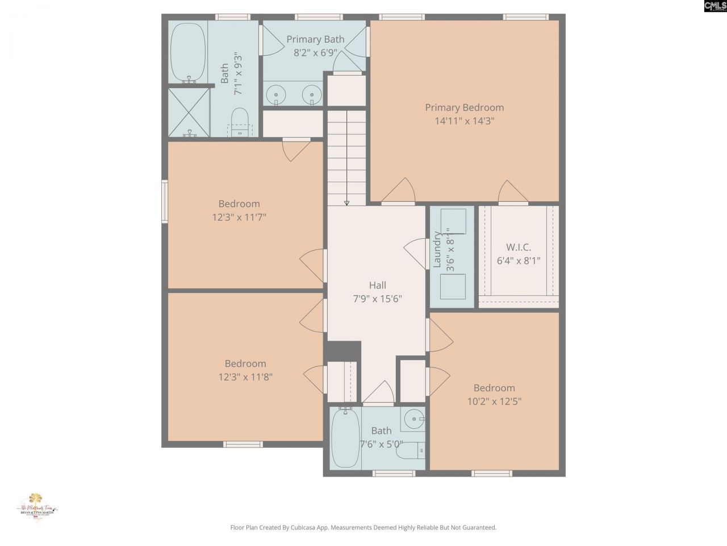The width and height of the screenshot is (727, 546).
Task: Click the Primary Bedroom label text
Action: (464, 107)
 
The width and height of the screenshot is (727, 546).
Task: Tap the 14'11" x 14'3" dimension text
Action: (464, 121)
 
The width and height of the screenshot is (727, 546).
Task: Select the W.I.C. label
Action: (518, 247)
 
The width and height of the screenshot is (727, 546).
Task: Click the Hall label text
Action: (378, 286)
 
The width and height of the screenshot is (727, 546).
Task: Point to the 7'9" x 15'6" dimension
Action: (378, 299)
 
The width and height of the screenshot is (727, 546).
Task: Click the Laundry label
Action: (437, 249)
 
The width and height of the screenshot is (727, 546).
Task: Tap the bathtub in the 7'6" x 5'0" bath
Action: (344, 438)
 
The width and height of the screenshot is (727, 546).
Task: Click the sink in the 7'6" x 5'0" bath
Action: (413, 420)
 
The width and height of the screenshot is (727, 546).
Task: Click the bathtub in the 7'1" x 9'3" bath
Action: (188, 53)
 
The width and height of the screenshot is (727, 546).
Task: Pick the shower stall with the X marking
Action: (189, 112)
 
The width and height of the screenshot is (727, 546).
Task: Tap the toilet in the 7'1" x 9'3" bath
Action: (240, 122)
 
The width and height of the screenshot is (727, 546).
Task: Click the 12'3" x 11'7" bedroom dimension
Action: (239, 217)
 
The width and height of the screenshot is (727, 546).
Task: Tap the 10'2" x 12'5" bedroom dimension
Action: (494, 401)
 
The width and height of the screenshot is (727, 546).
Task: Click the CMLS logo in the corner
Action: (715, 6)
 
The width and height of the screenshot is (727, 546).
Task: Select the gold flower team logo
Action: (36, 500)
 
